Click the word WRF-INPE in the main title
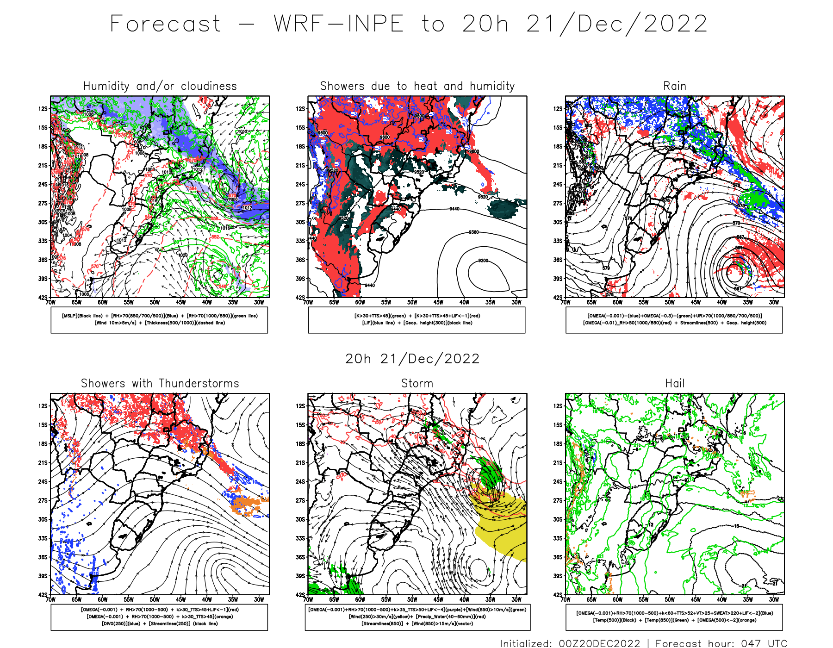click(338, 24)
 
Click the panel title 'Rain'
click(674, 86)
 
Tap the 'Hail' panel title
click(674, 383)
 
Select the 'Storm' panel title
click(417, 383)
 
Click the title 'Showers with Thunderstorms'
click(160, 383)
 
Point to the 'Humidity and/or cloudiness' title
click(160, 86)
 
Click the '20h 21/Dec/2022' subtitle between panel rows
click(412, 359)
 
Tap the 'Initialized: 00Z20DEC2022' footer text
click(570, 643)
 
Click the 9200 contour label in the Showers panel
click(483, 261)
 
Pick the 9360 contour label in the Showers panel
click(473, 232)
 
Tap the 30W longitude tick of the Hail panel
click(774, 599)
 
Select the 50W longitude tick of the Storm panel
click(412, 599)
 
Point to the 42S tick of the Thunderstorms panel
click(43, 595)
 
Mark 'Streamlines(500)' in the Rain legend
click(699, 323)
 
